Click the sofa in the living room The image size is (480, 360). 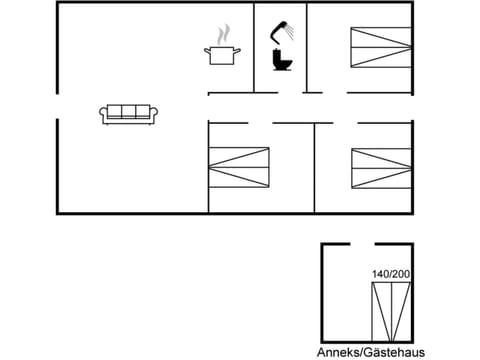[125, 113]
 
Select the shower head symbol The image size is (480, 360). [284, 28]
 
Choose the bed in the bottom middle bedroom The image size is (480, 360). [238, 167]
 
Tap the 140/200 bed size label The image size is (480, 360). [390, 274]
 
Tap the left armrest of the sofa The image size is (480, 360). [103, 114]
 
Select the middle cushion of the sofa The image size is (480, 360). [125, 112]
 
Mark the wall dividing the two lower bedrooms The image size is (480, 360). [314, 167]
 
